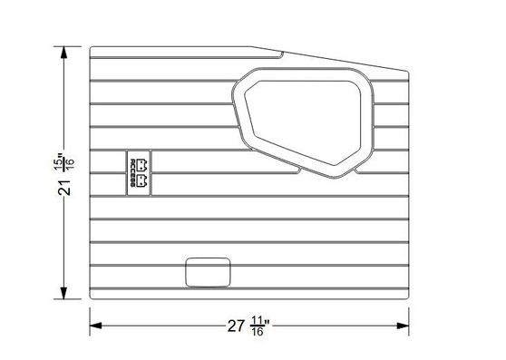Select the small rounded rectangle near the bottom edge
pyautogui.click(x=209, y=271)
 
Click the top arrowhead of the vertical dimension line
pyautogui.click(x=64, y=52)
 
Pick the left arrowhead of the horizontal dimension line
pyautogui.click(x=94, y=324)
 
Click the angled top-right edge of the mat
pyautogui.click(x=336, y=59)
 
